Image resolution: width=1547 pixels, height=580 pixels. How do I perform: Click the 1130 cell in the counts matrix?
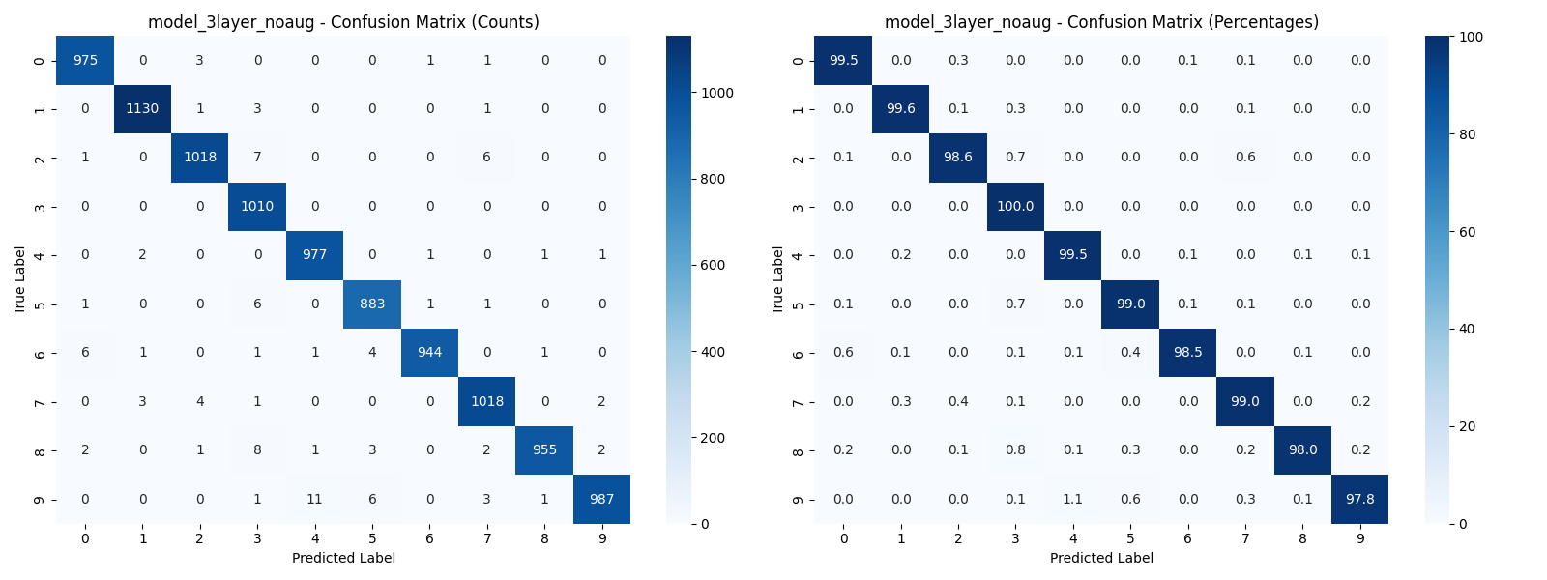pos(142,109)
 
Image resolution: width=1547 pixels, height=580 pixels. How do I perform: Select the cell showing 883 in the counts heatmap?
pos(372,304)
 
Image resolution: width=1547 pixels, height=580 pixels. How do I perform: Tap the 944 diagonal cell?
pos(429,353)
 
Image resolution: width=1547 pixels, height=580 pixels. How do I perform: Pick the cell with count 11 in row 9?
pos(314,499)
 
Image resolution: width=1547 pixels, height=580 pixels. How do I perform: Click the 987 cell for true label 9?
pos(601,499)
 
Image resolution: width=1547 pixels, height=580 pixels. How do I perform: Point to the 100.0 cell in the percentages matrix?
pos(1015,206)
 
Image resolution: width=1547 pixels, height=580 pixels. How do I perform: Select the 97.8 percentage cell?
pos(1359,499)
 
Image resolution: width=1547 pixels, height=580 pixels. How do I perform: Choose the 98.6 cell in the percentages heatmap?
pos(957,158)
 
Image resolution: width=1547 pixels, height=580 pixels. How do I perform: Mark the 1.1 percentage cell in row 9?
pos(1072,499)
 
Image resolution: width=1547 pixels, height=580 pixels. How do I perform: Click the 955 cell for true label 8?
pos(544,449)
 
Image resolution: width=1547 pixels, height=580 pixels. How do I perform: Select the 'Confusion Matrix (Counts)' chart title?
pos(343,22)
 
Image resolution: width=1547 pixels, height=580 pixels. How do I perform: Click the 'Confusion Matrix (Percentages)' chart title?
pos(1101,22)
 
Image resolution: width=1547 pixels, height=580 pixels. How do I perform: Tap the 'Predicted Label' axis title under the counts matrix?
pos(343,558)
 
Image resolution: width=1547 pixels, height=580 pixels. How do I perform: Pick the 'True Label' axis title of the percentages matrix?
pos(778,280)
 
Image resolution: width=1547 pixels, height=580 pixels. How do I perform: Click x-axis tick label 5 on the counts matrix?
pos(372,538)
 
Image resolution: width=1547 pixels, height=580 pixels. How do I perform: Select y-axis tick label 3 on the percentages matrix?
pos(798,206)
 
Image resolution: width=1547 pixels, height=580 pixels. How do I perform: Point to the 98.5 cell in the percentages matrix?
pos(1187,353)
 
